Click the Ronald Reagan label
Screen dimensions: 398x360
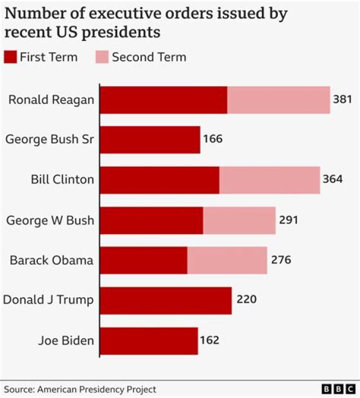pos(51,99)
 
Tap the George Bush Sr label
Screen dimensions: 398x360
pos(49,139)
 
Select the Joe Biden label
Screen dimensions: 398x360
pos(66,341)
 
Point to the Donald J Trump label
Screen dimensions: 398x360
pos(48,300)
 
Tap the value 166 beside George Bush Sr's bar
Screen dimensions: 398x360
pos(212,139)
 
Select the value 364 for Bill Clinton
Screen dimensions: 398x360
pos(332,179)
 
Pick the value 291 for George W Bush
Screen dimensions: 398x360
pos(288,220)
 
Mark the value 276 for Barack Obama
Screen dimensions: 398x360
pos(280,260)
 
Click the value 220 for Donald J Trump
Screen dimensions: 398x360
pos(245,300)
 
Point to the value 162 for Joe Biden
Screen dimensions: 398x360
pos(209,341)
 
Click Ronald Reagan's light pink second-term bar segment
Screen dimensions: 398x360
pos(278,99)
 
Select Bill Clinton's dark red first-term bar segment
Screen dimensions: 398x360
pos(159,180)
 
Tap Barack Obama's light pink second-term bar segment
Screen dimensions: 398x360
pos(227,260)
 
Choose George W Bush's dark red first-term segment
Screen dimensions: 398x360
pos(151,220)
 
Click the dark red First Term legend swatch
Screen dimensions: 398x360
pos(10,57)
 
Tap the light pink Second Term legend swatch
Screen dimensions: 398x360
pos(102,57)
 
